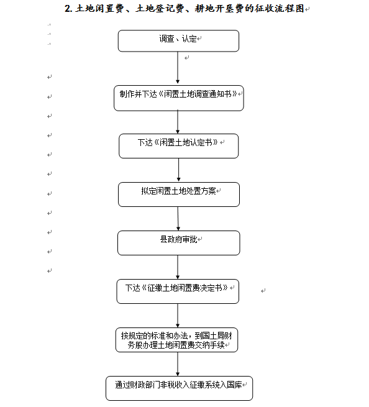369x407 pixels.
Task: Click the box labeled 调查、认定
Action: click(178, 41)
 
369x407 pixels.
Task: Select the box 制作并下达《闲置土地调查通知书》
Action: click(179, 98)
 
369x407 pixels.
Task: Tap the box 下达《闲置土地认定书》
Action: click(178, 146)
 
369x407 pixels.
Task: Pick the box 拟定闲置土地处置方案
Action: click(179, 194)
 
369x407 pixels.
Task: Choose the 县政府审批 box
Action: click(178, 243)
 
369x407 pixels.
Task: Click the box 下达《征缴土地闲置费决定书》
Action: click(178, 291)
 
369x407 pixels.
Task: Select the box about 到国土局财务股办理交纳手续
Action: click(176, 340)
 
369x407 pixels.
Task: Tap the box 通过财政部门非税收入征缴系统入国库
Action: click(179, 388)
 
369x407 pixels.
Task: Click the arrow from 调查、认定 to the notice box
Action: click(178, 68)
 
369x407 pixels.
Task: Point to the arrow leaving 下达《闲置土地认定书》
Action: click(178, 170)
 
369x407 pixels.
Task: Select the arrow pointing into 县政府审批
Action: click(178, 219)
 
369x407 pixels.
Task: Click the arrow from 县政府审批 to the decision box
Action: click(178, 267)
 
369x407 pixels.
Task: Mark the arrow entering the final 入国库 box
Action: click(178, 364)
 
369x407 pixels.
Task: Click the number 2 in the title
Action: click(68, 9)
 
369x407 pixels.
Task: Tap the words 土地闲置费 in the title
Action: click(100, 9)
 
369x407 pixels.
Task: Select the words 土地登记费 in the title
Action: click(160, 9)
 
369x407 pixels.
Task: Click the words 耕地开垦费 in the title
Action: click(219, 9)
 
